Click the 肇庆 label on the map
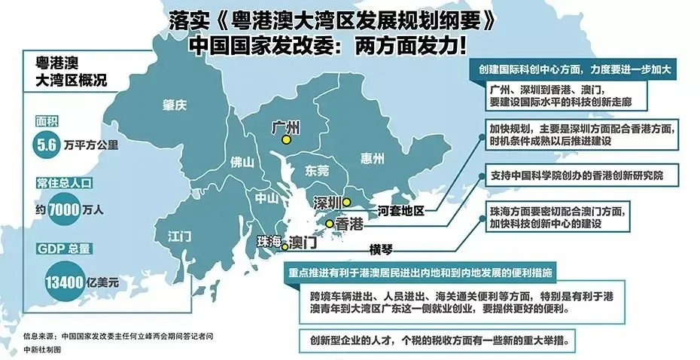tap(174, 105)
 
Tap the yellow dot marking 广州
tap(285, 139)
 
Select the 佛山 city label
tap(242, 161)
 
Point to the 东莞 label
tap(317, 171)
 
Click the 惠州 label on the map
tap(372, 158)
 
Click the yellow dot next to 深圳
tap(346, 202)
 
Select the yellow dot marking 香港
tap(329, 224)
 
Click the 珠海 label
tap(269, 241)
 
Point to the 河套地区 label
tap(401, 210)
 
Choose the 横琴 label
tap(382, 249)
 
